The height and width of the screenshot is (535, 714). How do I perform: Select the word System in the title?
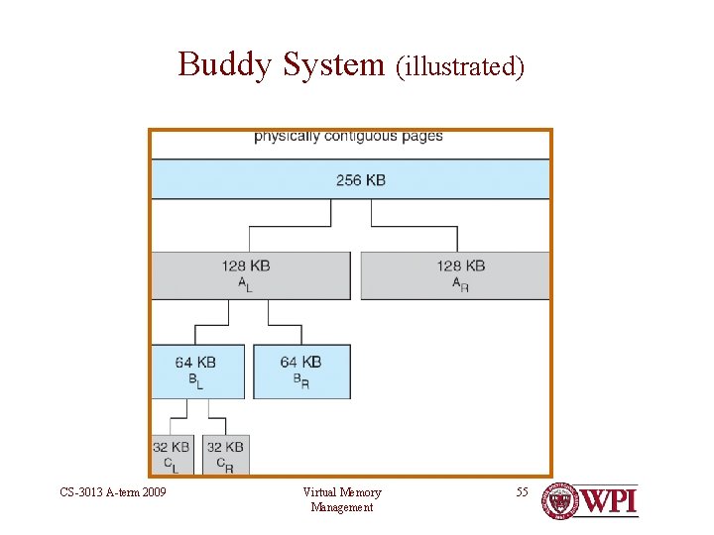[332, 65]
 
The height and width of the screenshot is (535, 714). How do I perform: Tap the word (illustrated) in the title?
[459, 67]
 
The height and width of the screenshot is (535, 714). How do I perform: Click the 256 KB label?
[360, 180]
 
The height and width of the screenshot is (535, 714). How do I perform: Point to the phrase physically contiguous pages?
[348, 136]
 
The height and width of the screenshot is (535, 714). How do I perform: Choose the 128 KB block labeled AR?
[455, 275]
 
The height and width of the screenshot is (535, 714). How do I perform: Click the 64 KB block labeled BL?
[197, 372]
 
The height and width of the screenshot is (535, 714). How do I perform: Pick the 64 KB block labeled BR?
[301, 372]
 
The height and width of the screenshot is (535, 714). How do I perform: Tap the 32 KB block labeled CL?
[172, 455]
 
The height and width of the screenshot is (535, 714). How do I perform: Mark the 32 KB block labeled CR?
[225, 455]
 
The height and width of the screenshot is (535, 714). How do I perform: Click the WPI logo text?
[608, 501]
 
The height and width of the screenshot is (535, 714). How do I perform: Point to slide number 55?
[523, 492]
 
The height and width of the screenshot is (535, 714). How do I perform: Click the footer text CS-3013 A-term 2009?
[113, 492]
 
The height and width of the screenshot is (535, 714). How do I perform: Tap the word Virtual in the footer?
[319, 492]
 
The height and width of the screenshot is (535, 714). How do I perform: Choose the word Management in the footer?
[342, 507]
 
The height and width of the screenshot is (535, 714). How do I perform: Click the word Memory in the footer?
[362, 492]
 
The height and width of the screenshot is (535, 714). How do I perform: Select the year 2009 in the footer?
[153, 492]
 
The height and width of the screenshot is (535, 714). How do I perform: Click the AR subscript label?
[460, 284]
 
